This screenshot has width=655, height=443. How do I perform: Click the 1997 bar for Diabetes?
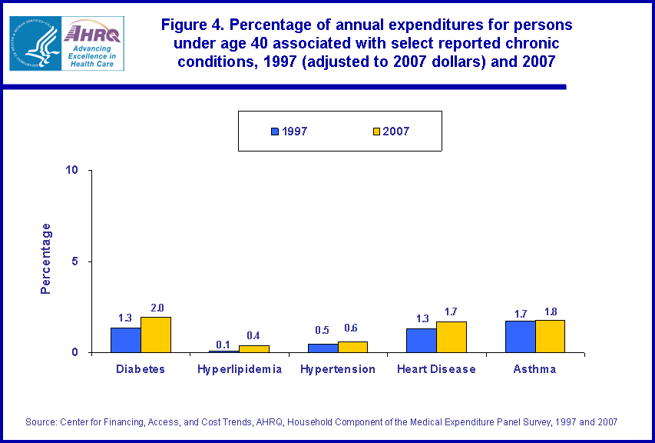[125, 340]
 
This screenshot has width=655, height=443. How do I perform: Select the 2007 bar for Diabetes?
[155, 335]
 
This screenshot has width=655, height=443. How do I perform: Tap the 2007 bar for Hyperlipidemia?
[254, 348]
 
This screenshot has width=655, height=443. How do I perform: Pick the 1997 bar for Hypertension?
[323, 348]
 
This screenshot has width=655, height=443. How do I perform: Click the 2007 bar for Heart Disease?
[452, 337]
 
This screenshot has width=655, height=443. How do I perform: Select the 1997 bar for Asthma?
[521, 337]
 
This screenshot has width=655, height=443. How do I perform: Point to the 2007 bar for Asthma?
[550, 336]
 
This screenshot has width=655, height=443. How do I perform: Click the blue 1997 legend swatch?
[275, 132]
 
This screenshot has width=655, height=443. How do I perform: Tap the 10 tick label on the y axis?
[73, 170]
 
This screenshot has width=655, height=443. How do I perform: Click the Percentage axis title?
[46, 258]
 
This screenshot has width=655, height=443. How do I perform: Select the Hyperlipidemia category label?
[240, 369]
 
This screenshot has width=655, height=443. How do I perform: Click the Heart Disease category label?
[436, 369]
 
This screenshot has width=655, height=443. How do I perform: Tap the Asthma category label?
[534, 369]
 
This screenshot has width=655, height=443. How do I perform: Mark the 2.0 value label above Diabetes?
[157, 308]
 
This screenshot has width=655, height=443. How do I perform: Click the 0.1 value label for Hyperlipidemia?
[224, 344]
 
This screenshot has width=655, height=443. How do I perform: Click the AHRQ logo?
[94, 43]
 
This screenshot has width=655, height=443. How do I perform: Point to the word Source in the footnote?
[41, 421]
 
